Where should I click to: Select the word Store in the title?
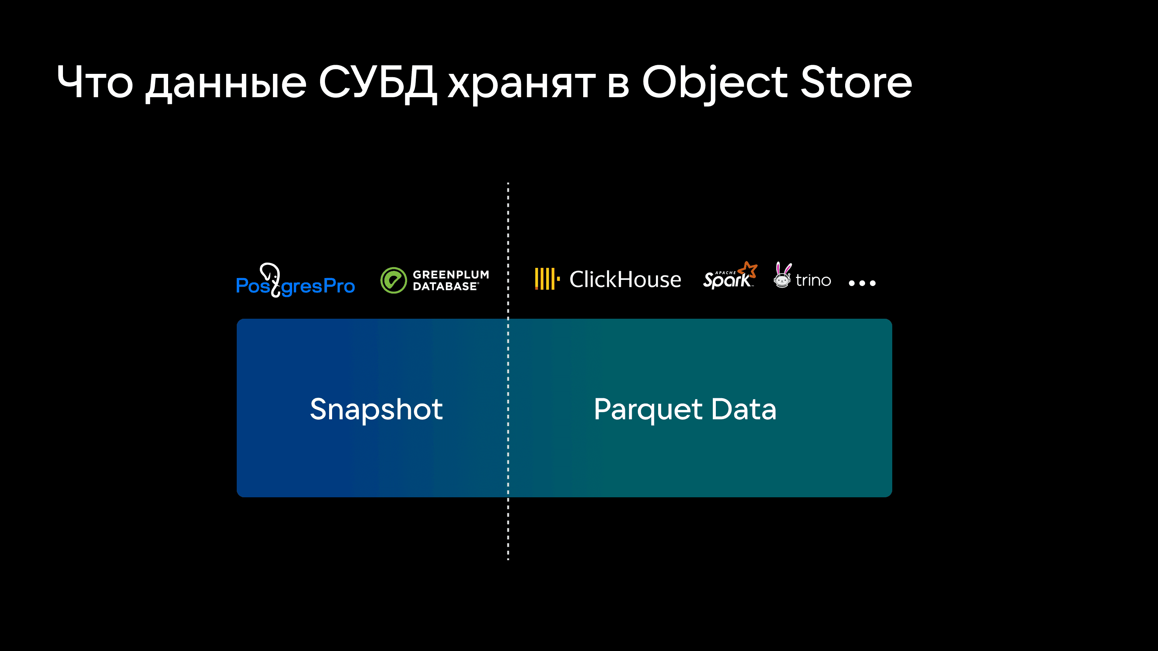point(856,82)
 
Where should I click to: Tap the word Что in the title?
point(95,82)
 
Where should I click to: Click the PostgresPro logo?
point(296,280)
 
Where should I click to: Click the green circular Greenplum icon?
point(393,280)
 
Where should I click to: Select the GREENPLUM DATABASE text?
point(450,280)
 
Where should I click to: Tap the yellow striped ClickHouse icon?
point(547,279)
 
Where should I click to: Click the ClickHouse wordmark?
point(625,280)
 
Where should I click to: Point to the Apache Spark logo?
point(730,275)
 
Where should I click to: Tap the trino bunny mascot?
point(782,275)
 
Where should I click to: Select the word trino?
point(813,280)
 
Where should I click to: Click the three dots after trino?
point(862,283)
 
